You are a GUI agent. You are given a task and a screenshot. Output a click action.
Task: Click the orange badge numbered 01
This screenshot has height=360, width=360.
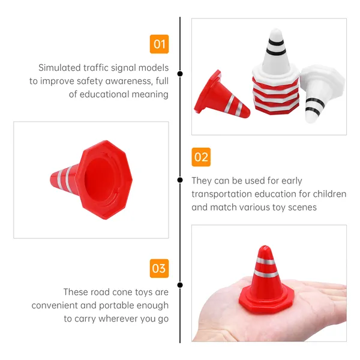point(159,44)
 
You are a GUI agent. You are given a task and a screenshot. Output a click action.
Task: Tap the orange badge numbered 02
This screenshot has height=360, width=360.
point(201,157)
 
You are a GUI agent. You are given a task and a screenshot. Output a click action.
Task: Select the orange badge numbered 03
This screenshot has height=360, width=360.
point(159,268)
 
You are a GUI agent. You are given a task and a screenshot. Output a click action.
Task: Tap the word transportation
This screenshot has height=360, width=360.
point(221,194)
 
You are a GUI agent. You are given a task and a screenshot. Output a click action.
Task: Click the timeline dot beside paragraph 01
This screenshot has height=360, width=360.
point(180,74)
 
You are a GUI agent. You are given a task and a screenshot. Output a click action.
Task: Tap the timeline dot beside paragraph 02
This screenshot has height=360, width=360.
point(180,180)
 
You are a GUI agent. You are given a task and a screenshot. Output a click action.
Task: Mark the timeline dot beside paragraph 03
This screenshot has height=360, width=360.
point(180,285)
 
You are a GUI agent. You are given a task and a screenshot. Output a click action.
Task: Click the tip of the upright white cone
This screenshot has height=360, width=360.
point(276,30)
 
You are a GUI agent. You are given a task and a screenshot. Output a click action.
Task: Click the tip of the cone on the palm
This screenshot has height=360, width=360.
point(265,247)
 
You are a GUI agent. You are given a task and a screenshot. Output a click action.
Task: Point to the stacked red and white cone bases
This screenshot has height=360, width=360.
point(276,96)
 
